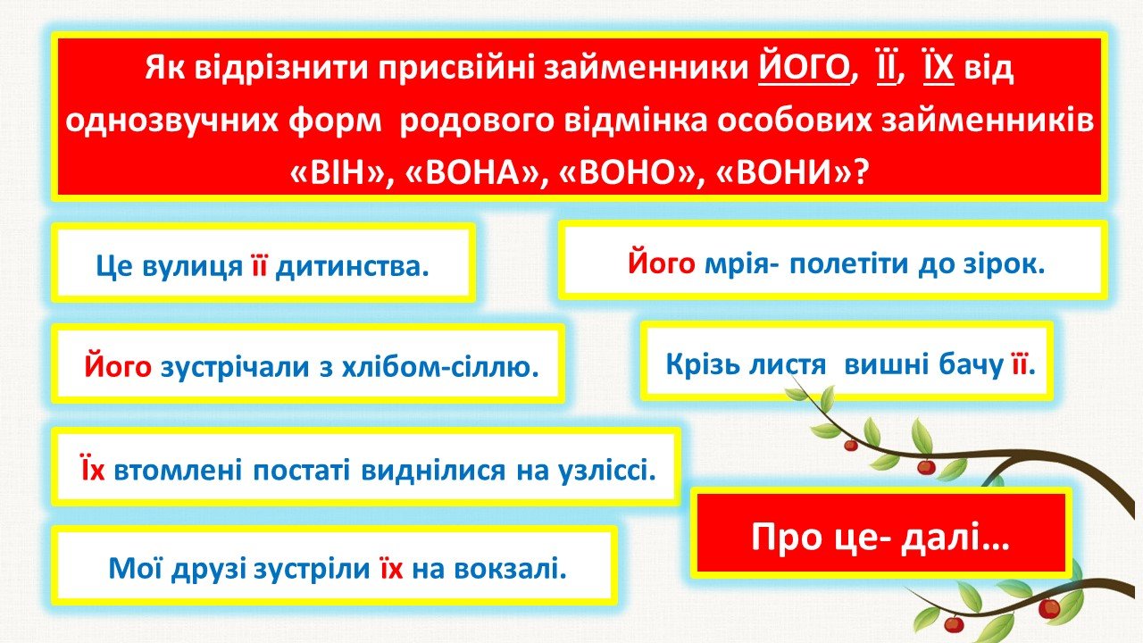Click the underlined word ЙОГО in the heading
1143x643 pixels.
pos(803,69)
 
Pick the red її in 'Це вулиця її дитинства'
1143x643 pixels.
pos(259,265)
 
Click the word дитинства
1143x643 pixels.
pos(352,266)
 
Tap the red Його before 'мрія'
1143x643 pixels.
pos(661,263)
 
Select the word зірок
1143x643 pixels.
pos(1005,264)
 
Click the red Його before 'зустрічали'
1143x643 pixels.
pos(118,366)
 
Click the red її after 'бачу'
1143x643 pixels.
pos(1020,365)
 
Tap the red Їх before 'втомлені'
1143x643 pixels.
pos(93,469)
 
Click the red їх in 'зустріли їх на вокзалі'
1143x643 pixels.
pos(390,568)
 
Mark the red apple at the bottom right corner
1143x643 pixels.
pos(1049,608)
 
